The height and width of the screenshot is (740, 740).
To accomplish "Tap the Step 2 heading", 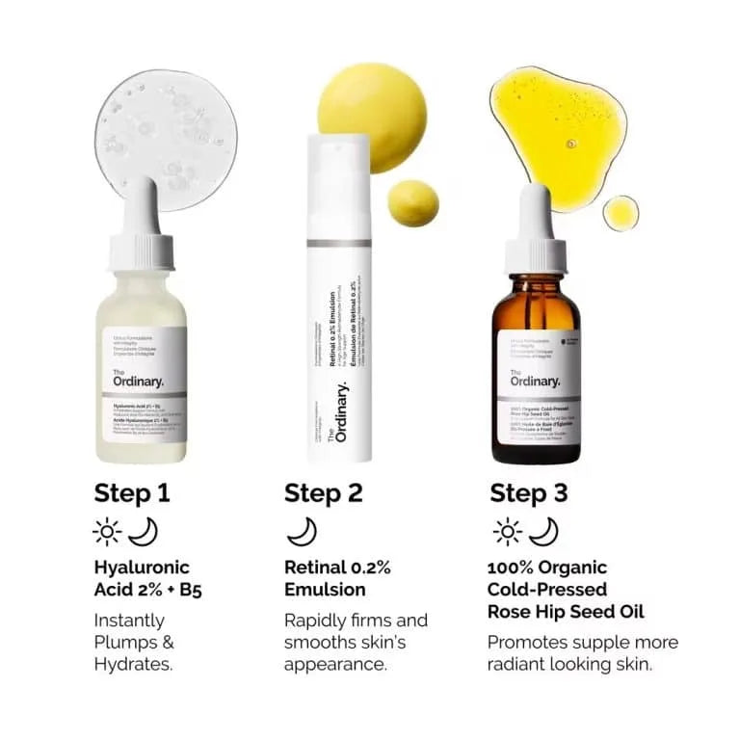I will [x=323, y=493].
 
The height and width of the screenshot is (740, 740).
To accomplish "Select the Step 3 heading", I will [x=529, y=493].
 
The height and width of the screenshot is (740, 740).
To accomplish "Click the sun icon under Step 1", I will [x=105, y=531].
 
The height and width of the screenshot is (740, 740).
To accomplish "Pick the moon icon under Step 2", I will [x=302, y=531].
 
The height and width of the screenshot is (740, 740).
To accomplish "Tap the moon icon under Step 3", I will [x=543, y=531].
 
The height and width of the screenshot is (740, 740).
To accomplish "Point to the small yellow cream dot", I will [x=413, y=202].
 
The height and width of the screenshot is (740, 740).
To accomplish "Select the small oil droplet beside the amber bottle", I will [x=621, y=212].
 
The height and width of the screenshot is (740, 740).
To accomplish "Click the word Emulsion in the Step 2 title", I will [x=325, y=589].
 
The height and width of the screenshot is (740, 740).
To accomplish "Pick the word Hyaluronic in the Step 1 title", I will [x=142, y=567].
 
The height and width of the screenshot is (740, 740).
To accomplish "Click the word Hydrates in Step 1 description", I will [x=133, y=664].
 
